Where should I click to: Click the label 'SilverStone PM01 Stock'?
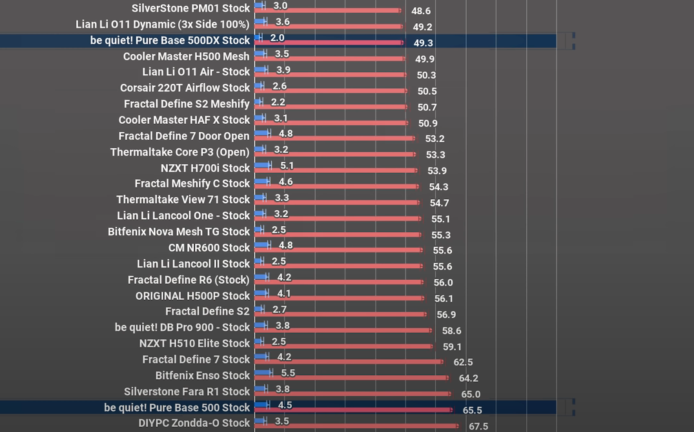tap(190, 8)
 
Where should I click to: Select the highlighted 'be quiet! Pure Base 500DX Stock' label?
tap(170, 40)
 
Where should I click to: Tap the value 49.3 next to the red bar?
tap(423, 43)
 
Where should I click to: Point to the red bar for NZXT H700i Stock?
tap(336, 170)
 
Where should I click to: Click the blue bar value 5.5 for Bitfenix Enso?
tap(288, 373)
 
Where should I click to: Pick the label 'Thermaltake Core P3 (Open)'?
tap(180, 152)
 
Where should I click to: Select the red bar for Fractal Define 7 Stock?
tap(349, 362)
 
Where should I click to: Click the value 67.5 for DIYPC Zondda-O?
tap(478, 426)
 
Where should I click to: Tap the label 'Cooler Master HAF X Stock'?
tap(184, 120)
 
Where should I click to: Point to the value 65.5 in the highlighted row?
tap(473, 410)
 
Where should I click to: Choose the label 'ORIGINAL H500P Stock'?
tap(193, 296)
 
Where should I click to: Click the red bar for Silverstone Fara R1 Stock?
tap(353, 393)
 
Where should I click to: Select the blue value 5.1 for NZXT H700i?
tap(287, 165)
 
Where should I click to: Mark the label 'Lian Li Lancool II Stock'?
tap(194, 264)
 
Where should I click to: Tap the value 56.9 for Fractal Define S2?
tap(446, 315)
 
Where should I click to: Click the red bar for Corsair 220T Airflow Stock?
tap(331, 91)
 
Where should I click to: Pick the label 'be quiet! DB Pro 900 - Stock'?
tap(182, 327)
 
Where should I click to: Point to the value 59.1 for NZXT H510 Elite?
tap(452, 347)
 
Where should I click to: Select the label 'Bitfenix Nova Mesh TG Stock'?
tap(179, 231)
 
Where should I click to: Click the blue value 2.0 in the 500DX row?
tap(277, 37)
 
